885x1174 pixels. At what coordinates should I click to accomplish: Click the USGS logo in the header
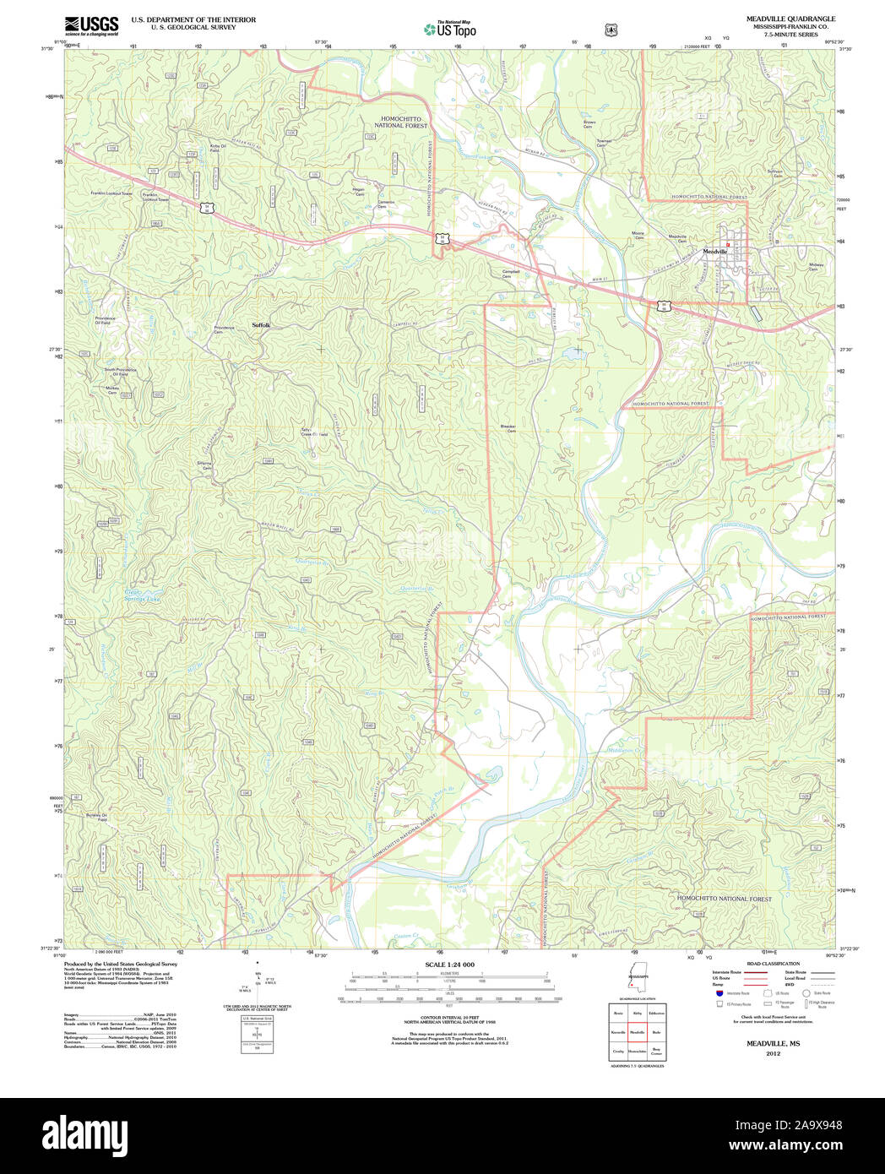(91, 25)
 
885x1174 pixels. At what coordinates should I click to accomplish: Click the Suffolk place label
(261, 325)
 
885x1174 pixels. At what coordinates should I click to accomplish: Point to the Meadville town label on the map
(715, 252)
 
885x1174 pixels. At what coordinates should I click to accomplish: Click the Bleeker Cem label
(508, 428)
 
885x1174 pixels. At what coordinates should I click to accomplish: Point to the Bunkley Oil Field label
(102, 818)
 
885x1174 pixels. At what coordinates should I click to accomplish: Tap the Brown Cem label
(589, 124)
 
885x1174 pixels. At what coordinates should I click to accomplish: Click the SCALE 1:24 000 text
(449, 965)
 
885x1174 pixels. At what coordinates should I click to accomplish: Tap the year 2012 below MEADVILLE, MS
(773, 1053)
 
